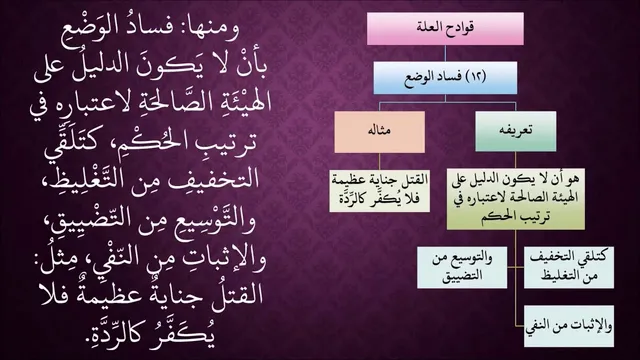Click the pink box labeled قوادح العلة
tap(445, 29)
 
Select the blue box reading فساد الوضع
tap(445, 78)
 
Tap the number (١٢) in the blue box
tap(476, 76)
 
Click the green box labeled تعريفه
tap(516, 131)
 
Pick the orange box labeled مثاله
tap(380, 132)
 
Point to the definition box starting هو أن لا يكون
tap(516, 199)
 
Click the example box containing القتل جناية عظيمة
tap(380, 191)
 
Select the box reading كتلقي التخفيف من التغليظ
tap(569, 267)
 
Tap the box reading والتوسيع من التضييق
tap(462, 267)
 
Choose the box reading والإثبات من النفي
tap(569, 326)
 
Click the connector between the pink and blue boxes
tap(445, 53)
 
